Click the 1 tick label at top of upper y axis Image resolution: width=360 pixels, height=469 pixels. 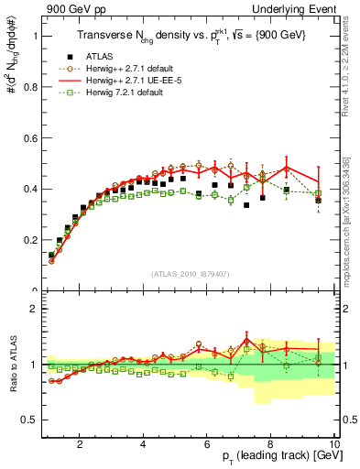click(x=36, y=37)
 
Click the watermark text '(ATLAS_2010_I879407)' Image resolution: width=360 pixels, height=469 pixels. click(x=191, y=275)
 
